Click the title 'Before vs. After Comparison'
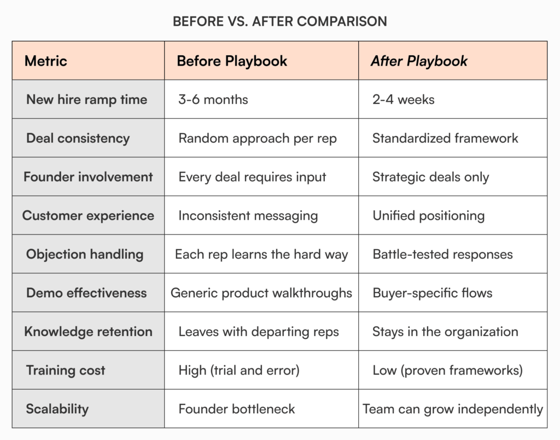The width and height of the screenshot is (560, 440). [x=279, y=21]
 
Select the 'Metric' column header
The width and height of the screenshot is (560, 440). [x=46, y=61]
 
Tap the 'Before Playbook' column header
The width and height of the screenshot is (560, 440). [x=232, y=61]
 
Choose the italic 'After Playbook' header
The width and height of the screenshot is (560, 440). [x=419, y=61]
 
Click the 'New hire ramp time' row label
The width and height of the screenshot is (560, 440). [x=86, y=99]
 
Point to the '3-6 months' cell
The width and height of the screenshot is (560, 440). [x=213, y=99]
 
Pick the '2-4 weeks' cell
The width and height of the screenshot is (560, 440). [x=404, y=99]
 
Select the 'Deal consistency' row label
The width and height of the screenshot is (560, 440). [x=78, y=138]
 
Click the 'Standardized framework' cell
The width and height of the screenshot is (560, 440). [x=445, y=138]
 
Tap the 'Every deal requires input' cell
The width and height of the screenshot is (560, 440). [x=252, y=177]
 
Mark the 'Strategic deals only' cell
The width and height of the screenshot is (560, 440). [x=431, y=177]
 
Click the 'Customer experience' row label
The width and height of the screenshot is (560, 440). [x=88, y=215]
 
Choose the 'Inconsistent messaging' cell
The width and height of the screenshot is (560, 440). [x=248, y=215]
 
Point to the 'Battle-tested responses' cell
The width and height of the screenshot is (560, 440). [x=442, y=254]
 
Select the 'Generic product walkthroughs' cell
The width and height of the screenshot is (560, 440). [x=261, y=293]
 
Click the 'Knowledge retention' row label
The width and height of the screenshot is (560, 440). [x=88, y=331]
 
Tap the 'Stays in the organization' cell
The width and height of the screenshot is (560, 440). [x=445, y=331]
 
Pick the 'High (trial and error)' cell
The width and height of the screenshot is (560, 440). [x=239, y=370]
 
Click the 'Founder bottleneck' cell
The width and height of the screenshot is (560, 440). [x=237, y=409]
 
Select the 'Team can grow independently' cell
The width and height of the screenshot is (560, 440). [x=453, y=409]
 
